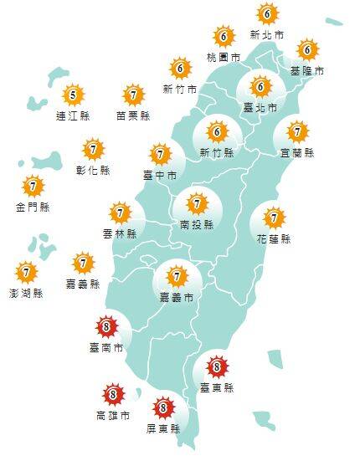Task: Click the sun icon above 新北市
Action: [266, 14]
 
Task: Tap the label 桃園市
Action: [223, 58]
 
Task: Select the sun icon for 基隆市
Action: [306, 50]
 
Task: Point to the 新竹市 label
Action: [180, 89]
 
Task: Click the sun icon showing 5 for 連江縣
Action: [73, 95]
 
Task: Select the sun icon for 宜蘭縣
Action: [297, 132]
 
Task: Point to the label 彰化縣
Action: [93, 171]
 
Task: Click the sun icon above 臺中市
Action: [160, 155]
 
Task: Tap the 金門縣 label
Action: [32, 207]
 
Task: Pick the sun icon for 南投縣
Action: [197, 203]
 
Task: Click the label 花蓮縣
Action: [273, 239]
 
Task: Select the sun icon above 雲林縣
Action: [120, 213]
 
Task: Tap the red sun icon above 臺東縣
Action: [217, 365]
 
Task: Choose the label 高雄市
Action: [113, 415]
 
